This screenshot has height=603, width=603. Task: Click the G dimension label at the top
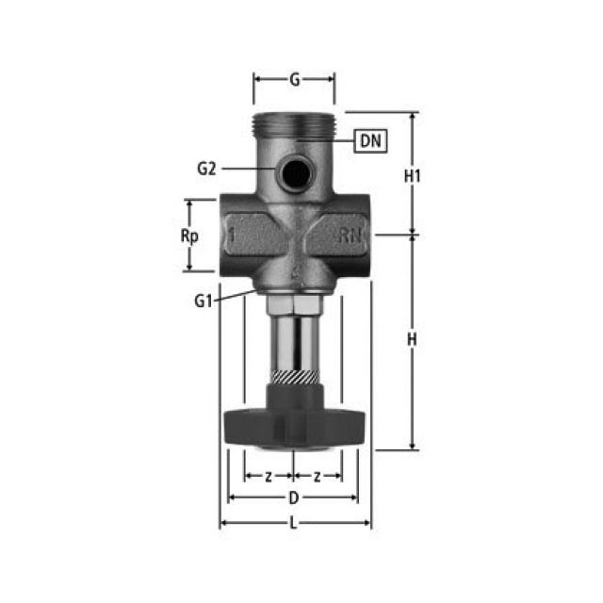[294, 80]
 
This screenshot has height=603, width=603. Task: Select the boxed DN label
[370, 141]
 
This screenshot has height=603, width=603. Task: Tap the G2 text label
[207, 169]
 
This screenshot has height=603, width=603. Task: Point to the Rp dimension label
[187, 236]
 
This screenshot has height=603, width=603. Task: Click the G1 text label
[204, 301]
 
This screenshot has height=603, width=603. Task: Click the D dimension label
[294, 497]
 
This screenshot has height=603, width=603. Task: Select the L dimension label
[294, 524]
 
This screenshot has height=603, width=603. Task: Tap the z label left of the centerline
[269, 476]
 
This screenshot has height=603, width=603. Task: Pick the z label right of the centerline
[318, 476]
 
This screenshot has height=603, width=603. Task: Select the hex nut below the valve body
[294, 307]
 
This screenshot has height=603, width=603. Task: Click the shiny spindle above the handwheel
[294, 344]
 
